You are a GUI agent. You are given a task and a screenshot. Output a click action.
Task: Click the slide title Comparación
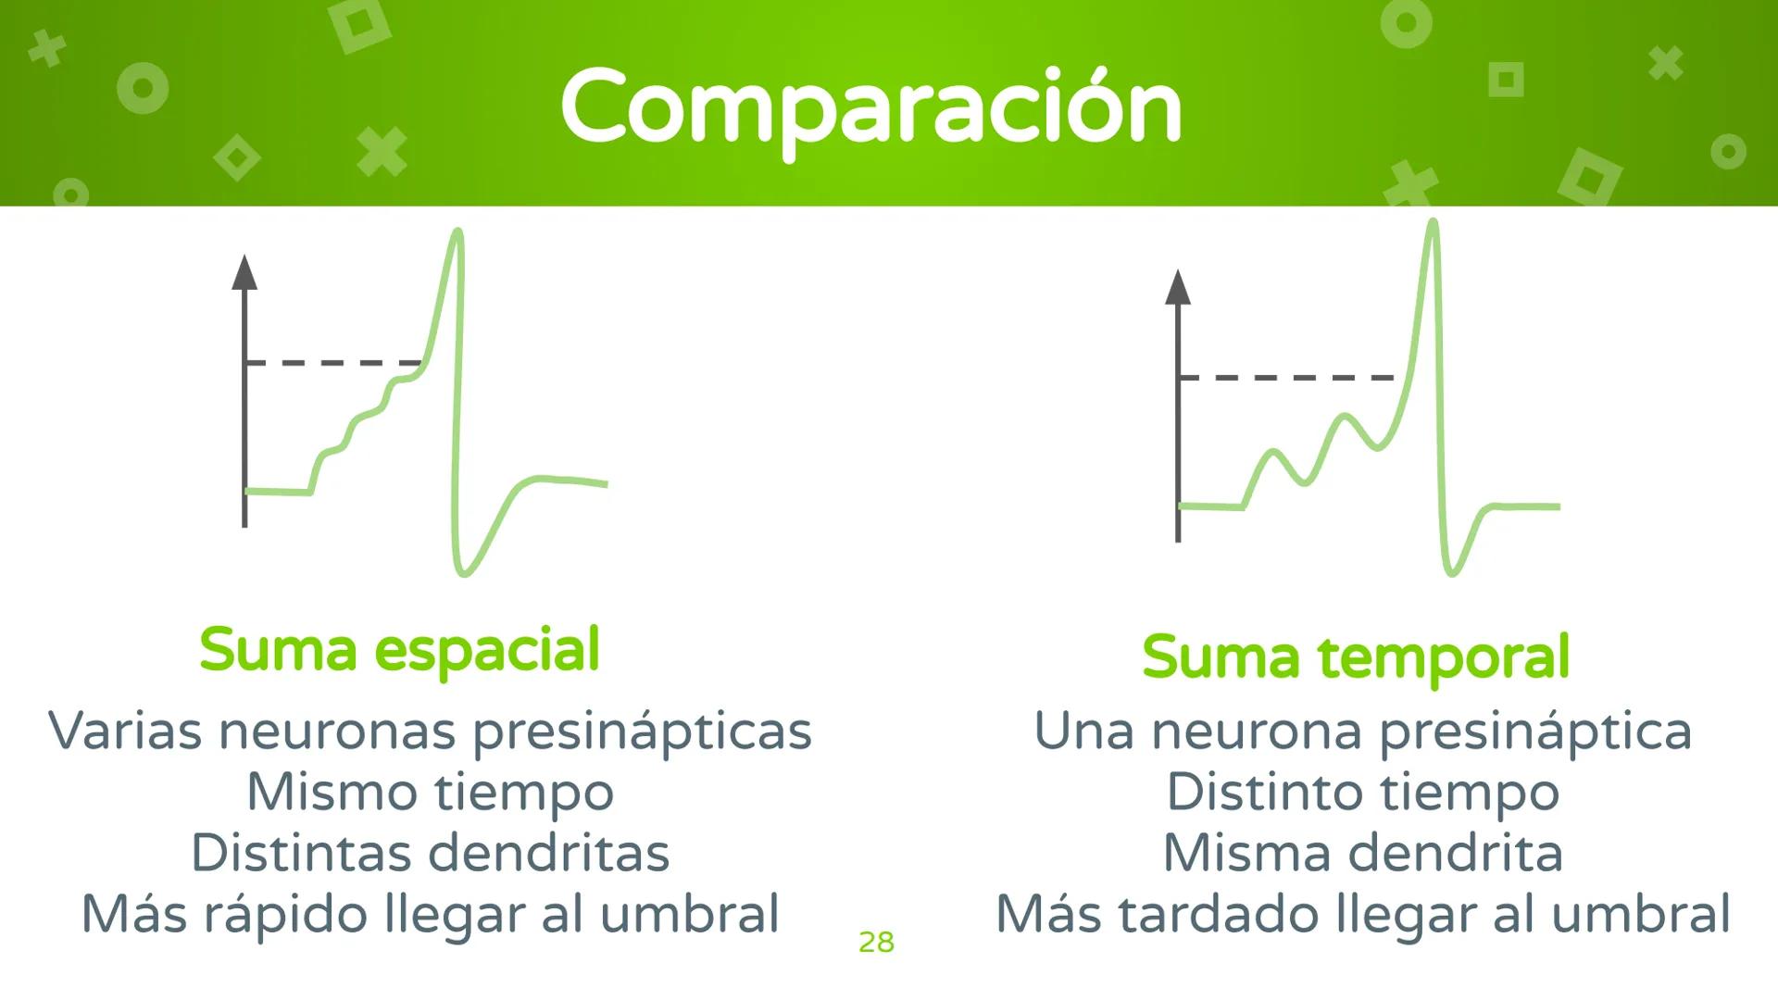tap(870, 106)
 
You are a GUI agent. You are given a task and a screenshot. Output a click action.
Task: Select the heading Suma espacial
tap(399, 650)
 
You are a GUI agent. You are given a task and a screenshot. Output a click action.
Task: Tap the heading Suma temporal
tap(1356, 657)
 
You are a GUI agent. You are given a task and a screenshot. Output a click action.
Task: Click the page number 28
tap(876, 943)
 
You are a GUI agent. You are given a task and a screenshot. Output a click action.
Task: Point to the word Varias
tap(124, 731)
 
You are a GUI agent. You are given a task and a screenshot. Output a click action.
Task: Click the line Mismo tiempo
tap(430, 793)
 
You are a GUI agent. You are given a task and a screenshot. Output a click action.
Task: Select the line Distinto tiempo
tap(1362, 793)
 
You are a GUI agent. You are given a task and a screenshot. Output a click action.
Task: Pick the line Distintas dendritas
tap(430, 853)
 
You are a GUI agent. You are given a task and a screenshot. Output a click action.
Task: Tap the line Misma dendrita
tap(1362, 853)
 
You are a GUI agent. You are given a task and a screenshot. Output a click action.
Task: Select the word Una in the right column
tap(1083, 731)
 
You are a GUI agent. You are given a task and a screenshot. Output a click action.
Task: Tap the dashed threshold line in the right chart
tap(1287, 378)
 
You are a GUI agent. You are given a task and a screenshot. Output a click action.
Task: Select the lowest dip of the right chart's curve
tap(1452, 572)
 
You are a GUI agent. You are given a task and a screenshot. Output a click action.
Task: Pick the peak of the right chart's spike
tap(1433, 222)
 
